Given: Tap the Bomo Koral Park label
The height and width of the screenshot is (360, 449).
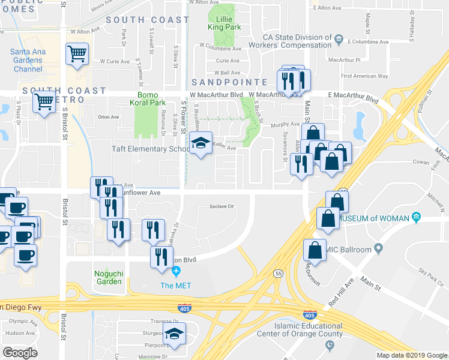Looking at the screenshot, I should point(151,99).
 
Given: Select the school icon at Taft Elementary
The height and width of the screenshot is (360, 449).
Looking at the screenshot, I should point(200,143).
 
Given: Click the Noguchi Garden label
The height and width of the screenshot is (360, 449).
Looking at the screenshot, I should point(108,277).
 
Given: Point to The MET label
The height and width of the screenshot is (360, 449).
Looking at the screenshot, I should point(175,285).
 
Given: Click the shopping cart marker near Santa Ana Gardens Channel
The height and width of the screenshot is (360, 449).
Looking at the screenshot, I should point(77,54).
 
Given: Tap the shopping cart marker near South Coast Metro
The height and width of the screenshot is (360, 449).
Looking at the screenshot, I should point(44,103).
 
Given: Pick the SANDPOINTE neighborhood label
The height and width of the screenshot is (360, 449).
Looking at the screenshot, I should point(229,82).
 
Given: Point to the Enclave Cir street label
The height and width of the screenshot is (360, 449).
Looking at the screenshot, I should point(221,206).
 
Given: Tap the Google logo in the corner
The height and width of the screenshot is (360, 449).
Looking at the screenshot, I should point(20,353).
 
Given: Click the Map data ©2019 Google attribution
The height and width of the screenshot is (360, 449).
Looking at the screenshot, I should point(412,355).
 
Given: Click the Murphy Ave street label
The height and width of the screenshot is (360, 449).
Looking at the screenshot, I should point(285,125).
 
